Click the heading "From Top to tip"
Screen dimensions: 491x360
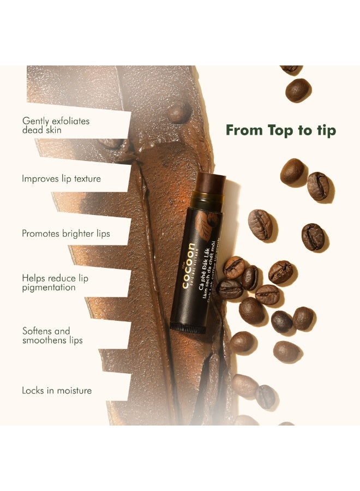(x=281, y=130)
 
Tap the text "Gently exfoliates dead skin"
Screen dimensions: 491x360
(x=55, y=125)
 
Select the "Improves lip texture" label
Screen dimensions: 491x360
(x=61, y=178)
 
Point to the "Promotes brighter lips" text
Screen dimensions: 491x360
(x=65, y=233)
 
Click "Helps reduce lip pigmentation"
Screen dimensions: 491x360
(x=55, y=283)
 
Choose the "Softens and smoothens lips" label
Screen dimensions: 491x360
(x=52, y=336)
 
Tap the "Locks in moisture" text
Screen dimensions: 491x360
(x=57, y=391)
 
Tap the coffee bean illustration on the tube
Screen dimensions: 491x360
(x=208, y=223)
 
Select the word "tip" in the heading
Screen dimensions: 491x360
(x=326, y=130)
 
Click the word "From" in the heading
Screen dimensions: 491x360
(x=244, y=130)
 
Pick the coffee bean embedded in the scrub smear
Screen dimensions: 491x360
(x=179, y=112)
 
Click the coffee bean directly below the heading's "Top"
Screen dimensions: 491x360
(x=292, y=171)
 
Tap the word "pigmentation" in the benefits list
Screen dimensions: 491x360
(x=49, y=288)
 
